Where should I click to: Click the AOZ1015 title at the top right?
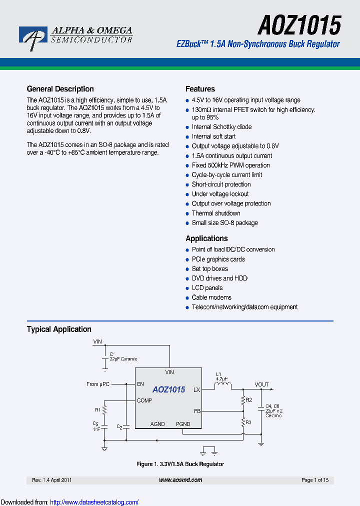(299, 24)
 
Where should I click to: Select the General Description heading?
(60, 89)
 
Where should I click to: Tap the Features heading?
(200, 89)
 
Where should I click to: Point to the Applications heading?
(206, 238)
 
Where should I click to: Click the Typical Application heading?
(59, 329)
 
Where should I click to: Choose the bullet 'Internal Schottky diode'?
(221, 127)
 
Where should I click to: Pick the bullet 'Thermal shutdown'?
(216, 213)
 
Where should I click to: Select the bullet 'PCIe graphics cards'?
(218, 259)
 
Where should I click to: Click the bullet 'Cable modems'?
(211, 297)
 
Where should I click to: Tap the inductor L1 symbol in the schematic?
(223, 386)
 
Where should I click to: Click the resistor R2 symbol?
(243, 400)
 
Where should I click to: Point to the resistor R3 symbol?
(243, 423)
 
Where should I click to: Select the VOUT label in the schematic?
(261, 384)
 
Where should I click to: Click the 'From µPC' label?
(98, 384)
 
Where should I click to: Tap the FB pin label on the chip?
(197, 411)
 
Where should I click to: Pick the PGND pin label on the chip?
(183, 424)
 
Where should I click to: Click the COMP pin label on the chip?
(144, 400)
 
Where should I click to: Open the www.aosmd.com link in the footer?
(180, 480)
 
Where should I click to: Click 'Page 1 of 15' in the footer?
(315, 480)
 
